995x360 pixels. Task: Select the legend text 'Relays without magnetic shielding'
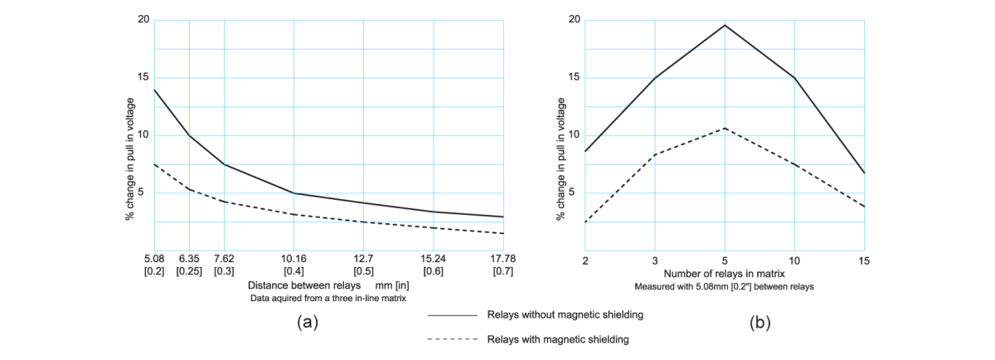pos(565,314)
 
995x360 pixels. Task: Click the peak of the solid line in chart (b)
pos(725,25)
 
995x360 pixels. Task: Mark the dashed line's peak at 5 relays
pos(725,129)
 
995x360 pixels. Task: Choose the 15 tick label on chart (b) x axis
pos(864,260)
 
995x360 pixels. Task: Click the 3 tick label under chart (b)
pos(655,260)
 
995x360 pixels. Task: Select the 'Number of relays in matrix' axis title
pos(724,273)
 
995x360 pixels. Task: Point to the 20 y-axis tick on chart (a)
pos(142,20)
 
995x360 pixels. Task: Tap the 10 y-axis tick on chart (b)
pos(575,135)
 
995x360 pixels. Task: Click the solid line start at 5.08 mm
pos(155,90)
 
